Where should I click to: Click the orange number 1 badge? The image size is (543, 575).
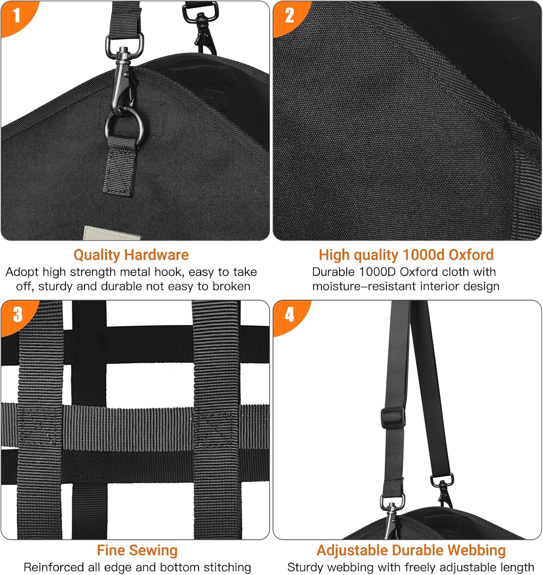coord(16,16)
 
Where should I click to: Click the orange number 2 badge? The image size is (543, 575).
coord(289,16)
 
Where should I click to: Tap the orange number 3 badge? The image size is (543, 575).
coord(17,315)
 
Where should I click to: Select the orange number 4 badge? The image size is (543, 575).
coord(290,315)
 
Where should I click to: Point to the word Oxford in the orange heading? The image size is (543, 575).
coord(471,255)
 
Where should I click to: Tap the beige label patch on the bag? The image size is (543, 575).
coord(111,233)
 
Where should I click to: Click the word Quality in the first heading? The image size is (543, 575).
coord(97,255)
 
